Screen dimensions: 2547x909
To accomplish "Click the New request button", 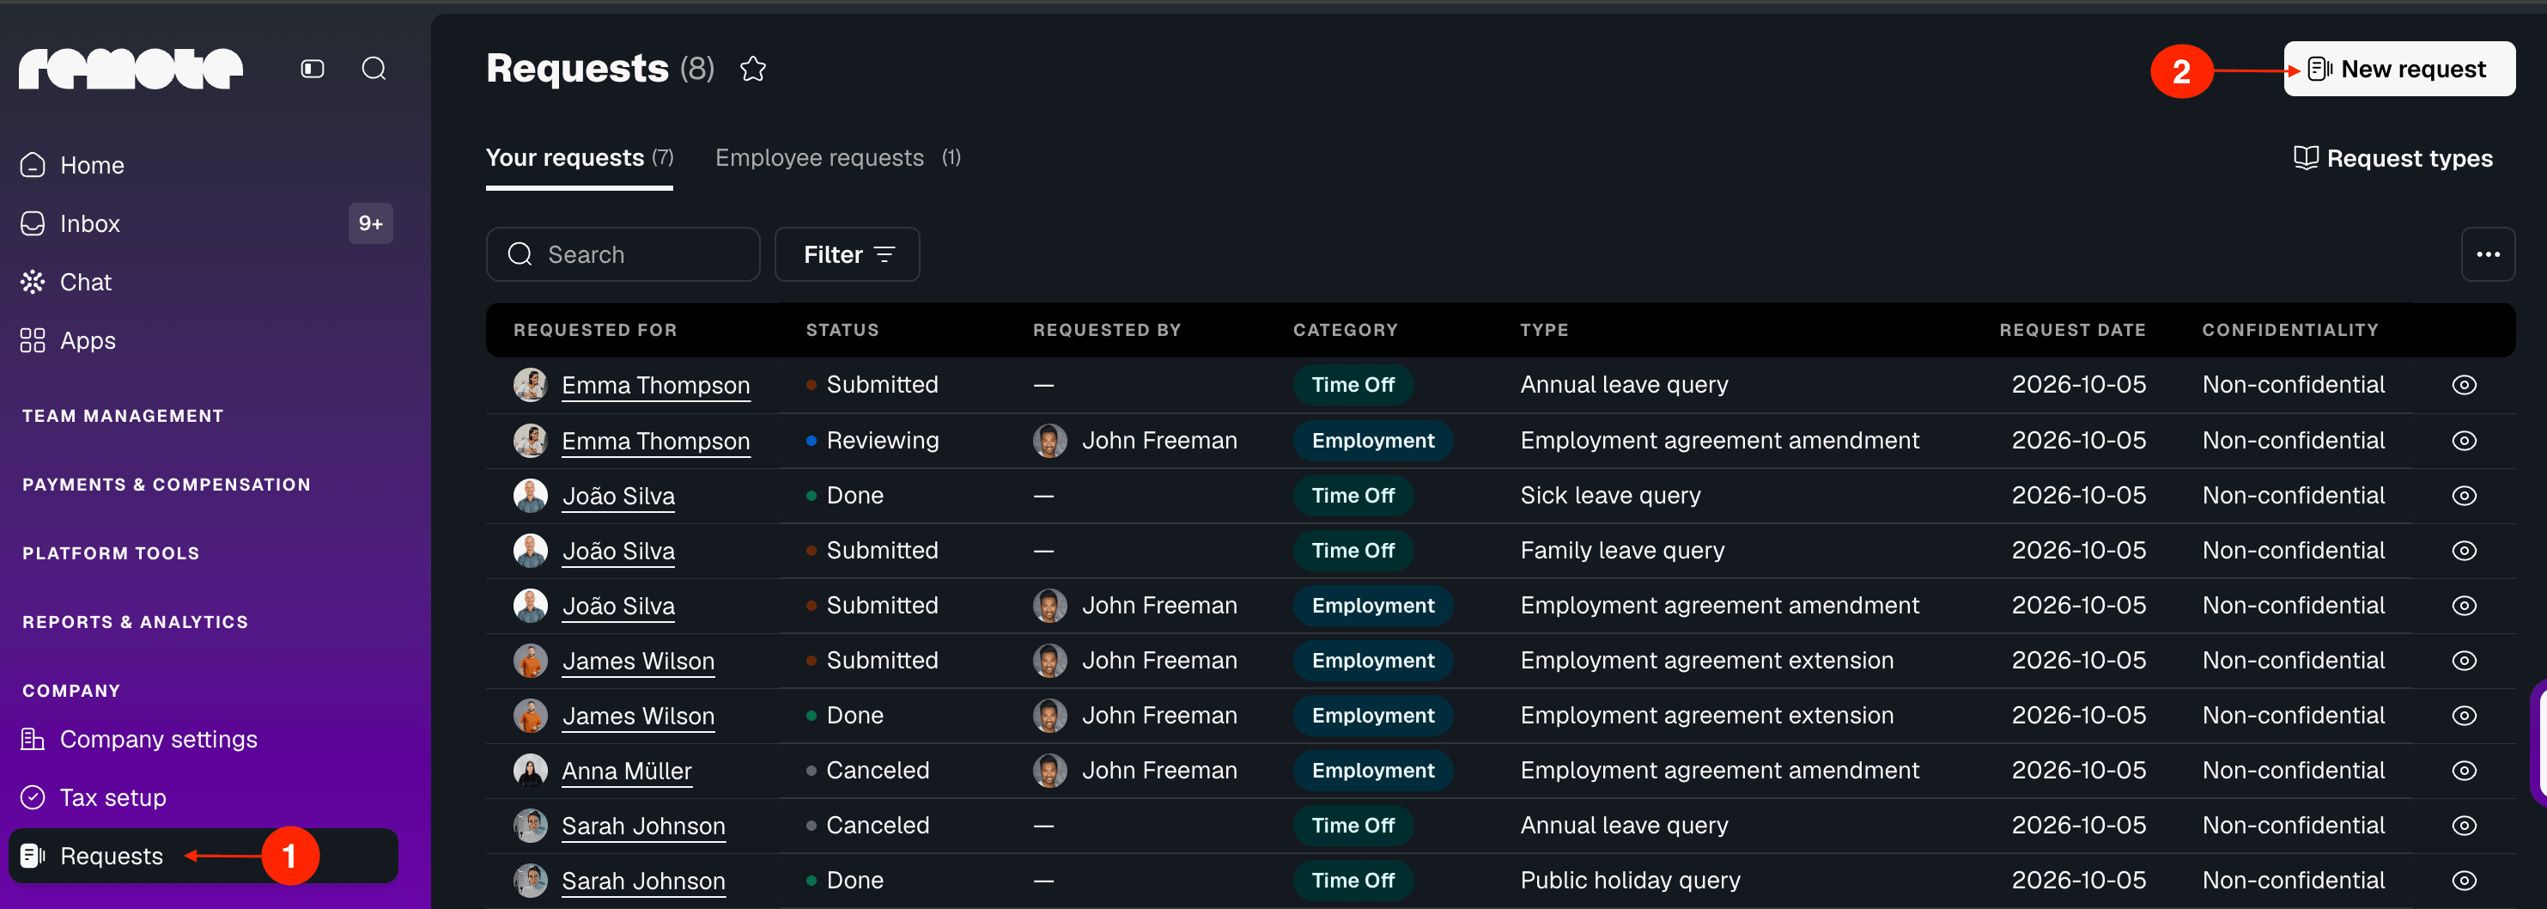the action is coord(2398,70).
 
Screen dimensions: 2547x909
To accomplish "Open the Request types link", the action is coord(2392,158).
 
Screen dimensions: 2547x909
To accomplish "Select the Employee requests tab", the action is coord(837,158).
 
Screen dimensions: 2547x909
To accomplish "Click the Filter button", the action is coord(848,254).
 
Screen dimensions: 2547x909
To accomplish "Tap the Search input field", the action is coord(623,254).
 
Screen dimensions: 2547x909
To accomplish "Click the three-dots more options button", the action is coord(2488,254).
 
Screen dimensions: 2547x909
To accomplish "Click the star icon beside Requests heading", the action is coord(753,70).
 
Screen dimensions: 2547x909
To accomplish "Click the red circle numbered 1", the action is coord(289,856).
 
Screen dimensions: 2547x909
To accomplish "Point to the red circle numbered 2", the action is coord(2181,71).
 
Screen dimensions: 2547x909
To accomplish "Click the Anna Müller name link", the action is coord(627,771).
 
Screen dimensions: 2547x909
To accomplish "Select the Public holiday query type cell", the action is coord(1631,881).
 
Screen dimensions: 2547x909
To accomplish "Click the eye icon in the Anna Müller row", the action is coord(2464,771).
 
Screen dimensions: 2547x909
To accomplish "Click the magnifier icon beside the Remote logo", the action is coord(374,68).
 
